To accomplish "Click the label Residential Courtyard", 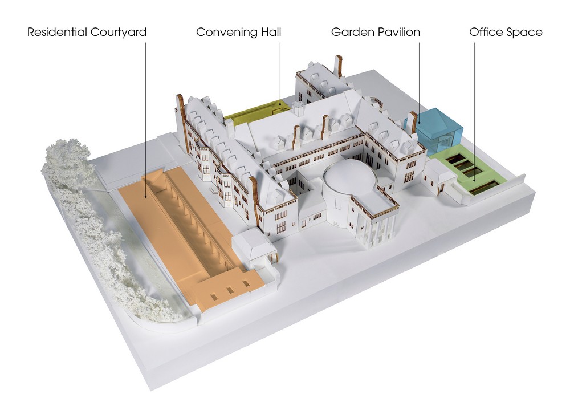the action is (87, 33).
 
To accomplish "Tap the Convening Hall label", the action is (238, 33).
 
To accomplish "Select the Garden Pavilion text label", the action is (376, 32).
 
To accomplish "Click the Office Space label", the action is (506, 33).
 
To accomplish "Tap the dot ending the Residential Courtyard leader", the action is (146, 197).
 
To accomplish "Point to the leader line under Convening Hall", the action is (280, 74).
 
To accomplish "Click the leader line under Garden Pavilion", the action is (419, 83).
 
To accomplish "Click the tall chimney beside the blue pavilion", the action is (413, 123).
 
